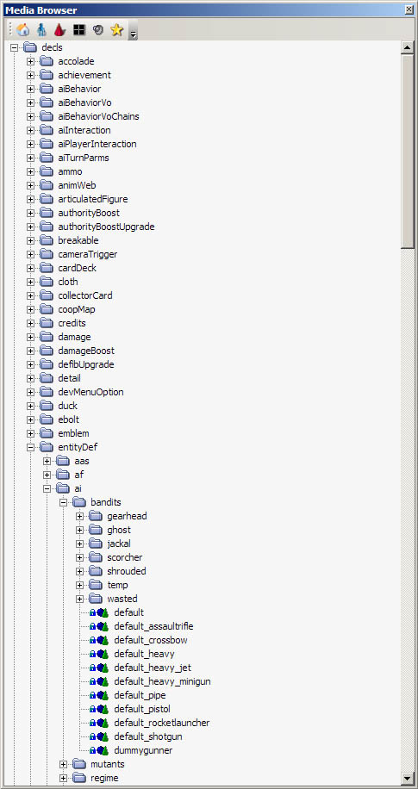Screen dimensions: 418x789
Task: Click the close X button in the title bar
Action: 409,9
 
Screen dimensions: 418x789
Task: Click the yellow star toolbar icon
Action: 117,29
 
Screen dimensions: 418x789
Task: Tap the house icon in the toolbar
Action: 22,29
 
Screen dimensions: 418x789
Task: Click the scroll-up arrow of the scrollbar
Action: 407,48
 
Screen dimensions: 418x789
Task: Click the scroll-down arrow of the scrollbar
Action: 407,778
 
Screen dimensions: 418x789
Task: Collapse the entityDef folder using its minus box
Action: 31,447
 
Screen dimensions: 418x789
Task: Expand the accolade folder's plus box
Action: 31,61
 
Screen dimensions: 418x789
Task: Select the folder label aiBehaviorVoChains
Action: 99,116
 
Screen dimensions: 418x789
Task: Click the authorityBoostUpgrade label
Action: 106,227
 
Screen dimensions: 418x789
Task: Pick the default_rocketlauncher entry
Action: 162,723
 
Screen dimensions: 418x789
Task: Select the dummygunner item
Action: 144,750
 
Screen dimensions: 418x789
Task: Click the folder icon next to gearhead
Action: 96,516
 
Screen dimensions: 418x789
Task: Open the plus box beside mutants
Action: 64,764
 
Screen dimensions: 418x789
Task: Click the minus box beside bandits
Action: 64,502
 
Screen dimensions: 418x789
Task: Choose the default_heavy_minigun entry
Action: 162,681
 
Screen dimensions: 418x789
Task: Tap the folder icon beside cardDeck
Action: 47,268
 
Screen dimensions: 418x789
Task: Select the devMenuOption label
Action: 90,392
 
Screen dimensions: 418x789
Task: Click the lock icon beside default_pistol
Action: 93,709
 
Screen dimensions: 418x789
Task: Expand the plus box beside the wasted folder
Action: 79,599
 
